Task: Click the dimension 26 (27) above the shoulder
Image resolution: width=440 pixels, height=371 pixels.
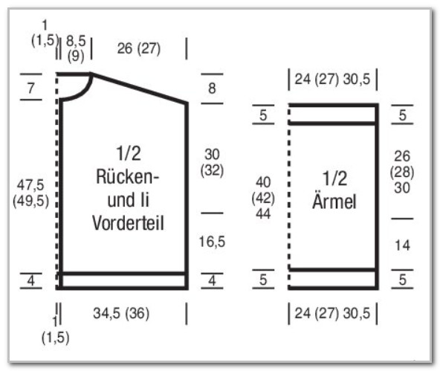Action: [x=139, y=48]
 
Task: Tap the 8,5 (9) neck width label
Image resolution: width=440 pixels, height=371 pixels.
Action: [x=76, y=48]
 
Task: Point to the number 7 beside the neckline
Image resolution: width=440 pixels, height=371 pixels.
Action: [x=31, y=88]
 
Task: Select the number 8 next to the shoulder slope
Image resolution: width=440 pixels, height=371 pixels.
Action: [x=212, y=88]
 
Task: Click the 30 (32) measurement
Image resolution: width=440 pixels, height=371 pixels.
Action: [x=212, y=162]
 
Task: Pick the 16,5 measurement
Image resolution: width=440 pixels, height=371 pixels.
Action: [x=212, y=242]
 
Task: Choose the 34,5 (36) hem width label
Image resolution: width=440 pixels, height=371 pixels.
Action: [x=121, y=313]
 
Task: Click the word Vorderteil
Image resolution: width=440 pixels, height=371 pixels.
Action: [x=128, y=223]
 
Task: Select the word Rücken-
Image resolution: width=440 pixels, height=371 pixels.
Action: [x=128, y=177]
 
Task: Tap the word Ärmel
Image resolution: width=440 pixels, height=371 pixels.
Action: [x=334, y=201]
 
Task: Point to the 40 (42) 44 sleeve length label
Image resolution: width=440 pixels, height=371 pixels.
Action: [x=263, y=198]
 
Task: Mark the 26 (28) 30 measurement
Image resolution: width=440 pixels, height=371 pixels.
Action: [x=402, y=172]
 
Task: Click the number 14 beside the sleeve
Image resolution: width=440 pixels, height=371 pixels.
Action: [x=402, y=245]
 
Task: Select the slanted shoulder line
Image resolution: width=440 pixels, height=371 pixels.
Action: [x=139, y=88]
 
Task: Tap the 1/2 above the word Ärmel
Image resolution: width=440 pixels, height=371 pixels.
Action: [x=334, y=178]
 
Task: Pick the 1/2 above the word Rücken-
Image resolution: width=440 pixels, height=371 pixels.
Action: [x=129, y=153]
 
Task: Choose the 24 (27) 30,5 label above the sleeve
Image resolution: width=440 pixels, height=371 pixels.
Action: [x=332, y=79]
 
